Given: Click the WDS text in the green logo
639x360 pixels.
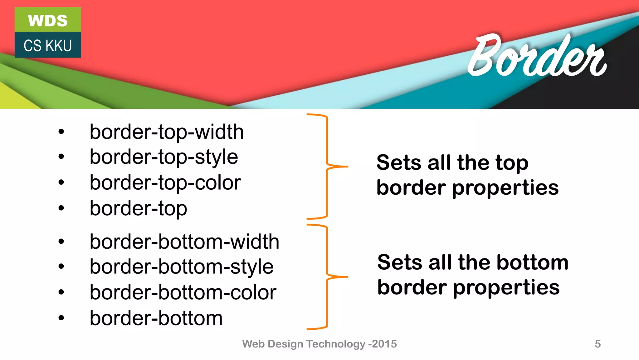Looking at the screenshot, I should point(48,21).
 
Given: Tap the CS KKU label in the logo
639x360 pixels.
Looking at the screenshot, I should point(48,46).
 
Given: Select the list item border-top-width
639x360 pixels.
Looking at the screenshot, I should point(167,132).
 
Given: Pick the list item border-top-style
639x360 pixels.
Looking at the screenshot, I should point(164,157).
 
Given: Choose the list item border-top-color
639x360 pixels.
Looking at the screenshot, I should point(165,182).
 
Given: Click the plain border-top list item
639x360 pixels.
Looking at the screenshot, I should point(138,208).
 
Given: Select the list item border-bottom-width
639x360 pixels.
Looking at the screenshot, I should point(184,242).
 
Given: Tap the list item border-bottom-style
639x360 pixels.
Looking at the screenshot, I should point(182,267).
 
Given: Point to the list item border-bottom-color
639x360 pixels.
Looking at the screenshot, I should point(183,292).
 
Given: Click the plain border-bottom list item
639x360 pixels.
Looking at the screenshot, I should point(156,318).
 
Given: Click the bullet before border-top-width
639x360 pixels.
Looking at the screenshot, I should point(61,132).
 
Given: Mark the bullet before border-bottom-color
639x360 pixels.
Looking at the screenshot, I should point(61,292).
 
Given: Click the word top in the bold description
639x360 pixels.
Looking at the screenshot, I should point(512,163).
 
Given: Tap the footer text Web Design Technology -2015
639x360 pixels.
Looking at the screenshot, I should point(319,344).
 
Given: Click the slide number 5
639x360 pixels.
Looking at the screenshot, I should point(598,344).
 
